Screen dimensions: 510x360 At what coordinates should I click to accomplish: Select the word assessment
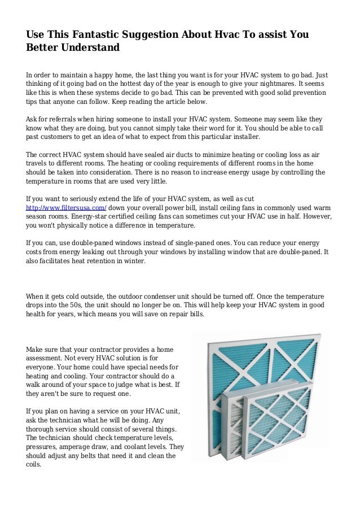(x=49, y=358)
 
